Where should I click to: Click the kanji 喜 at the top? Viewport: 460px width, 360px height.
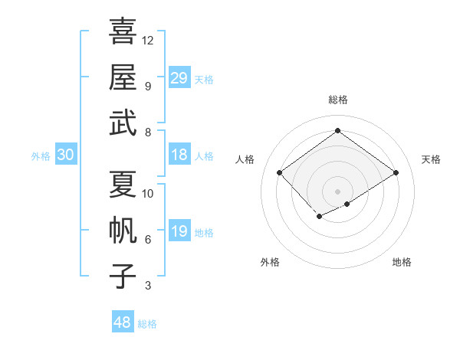click(123, 31)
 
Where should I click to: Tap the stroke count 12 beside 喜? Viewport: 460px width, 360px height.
click(148, 40)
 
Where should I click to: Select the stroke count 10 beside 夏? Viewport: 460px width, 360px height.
click(148, 194)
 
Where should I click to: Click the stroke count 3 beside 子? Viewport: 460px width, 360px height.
click(147, 286)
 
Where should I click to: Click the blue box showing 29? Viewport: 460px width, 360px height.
click(179, 77)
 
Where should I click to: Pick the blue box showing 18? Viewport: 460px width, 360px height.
click(179, 155)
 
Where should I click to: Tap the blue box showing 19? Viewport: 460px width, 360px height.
click(179, 232)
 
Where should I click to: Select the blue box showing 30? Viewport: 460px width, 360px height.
click(65, 155)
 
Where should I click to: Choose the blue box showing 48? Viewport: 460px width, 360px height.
click(123, 322)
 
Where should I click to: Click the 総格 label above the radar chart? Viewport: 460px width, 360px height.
click(337, 100)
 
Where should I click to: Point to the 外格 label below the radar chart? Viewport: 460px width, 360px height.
click(270, 262)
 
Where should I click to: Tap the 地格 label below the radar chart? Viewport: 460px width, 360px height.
click(402, 262)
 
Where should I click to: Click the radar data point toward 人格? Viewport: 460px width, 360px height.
click(280, 173)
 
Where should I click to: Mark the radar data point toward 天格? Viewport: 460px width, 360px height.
click(396, 173)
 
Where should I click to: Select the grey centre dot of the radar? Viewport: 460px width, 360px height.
click(337, 191)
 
